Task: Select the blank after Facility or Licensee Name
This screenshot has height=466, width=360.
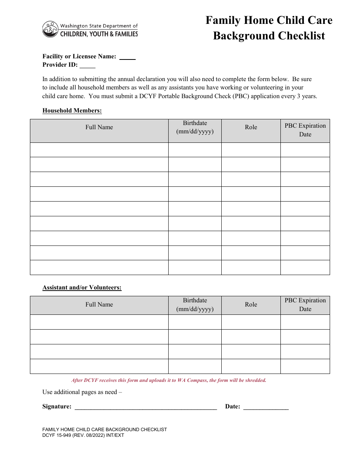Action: coord(127,57)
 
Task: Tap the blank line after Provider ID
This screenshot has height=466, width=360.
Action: coord(87,65)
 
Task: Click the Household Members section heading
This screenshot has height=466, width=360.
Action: coord(72,111)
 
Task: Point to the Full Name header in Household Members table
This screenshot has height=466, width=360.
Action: coord(99,127)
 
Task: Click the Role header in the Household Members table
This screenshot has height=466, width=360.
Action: coord(251,127)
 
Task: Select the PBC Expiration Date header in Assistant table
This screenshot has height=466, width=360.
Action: coord(305,305)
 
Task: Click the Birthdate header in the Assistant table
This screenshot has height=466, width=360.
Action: coord(195,305)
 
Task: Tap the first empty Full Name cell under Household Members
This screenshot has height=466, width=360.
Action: coord(99,150)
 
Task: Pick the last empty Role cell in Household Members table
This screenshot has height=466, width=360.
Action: coord(251,267)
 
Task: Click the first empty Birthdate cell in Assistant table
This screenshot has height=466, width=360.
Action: coord(195,322)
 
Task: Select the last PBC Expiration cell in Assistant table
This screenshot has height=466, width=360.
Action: coord(305,366)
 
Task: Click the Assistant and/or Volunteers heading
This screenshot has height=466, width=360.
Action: coord(82,288)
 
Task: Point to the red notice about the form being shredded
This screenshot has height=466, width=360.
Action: coord(169,380)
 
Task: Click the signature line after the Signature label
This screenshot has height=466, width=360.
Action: coord(146,407)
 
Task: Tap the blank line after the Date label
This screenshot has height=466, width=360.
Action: coord(266,407)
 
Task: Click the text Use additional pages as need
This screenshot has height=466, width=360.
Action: coord(82,392)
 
